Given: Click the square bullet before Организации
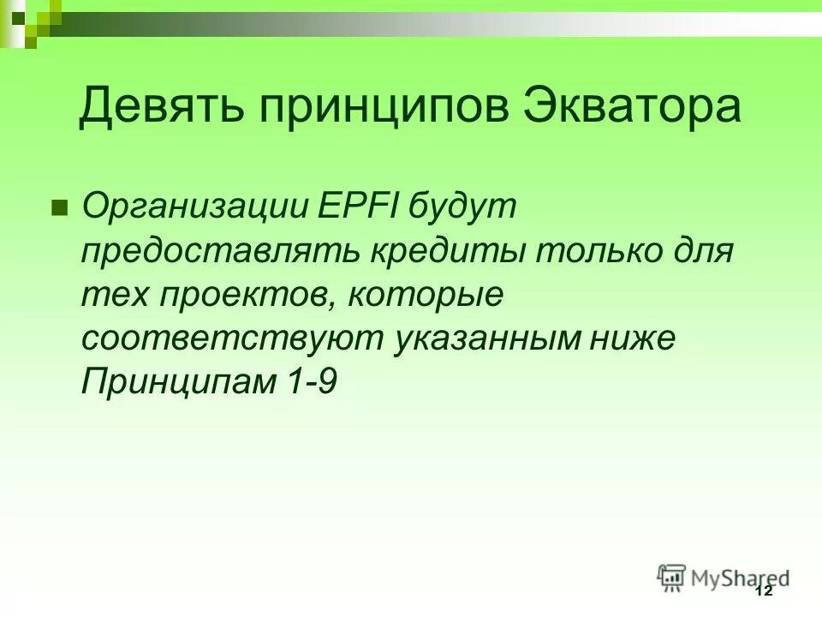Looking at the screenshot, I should point(59,208).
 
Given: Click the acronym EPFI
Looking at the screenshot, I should point(358,207).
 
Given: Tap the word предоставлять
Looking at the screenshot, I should point(221,252).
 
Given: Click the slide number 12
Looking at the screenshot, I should point(764,591).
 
